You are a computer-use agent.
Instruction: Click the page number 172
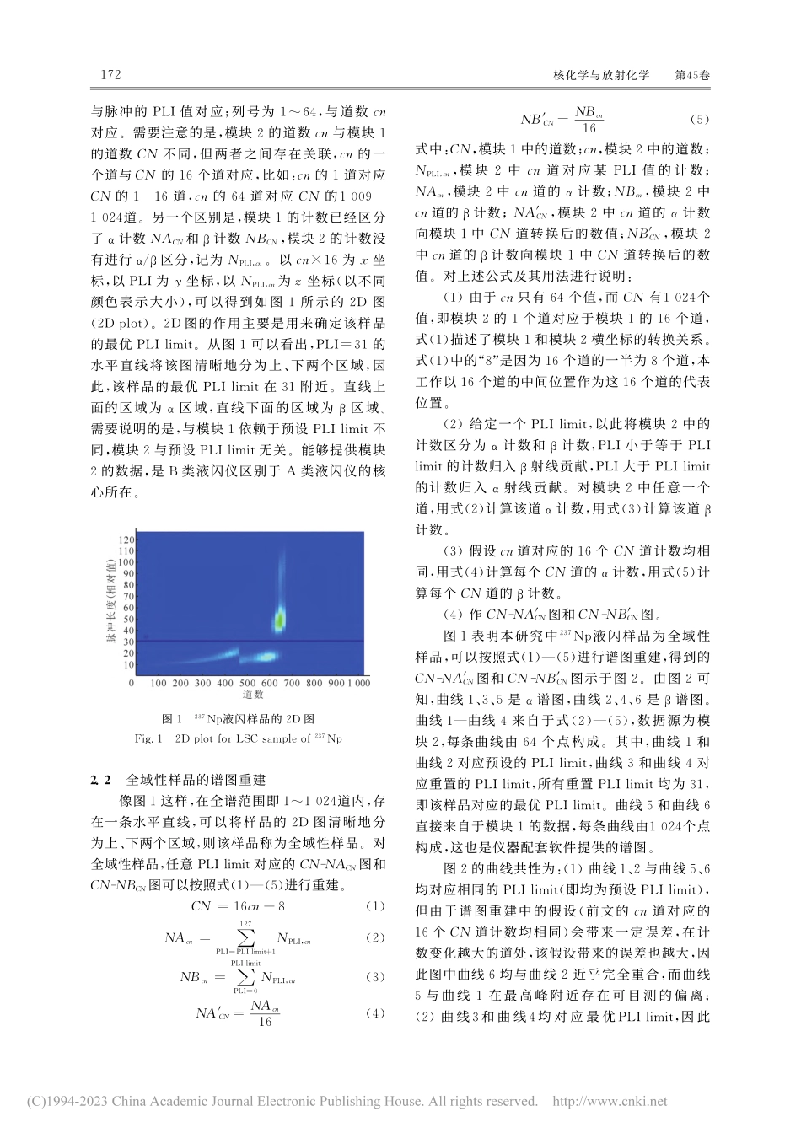point(111,75)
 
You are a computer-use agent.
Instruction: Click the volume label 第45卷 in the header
point(693,75)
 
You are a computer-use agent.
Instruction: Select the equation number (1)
point(375,906)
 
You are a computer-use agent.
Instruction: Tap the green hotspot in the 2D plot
point(277,621)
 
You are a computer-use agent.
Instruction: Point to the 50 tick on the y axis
point(129,619)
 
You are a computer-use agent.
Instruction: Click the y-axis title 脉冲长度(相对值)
point(110,603)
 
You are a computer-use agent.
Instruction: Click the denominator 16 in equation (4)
point(265,1022)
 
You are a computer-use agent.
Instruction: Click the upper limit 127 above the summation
point(245,924)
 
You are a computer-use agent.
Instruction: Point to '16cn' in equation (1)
point(253,906)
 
